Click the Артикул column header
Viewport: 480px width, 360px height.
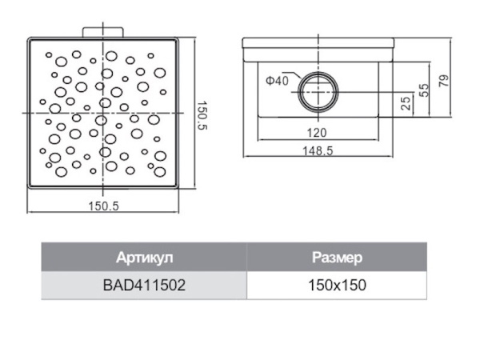coord(144,258)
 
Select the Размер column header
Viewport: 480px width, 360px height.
coord(337,258)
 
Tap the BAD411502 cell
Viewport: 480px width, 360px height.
coord(144,286)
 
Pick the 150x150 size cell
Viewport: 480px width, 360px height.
coord(337,286)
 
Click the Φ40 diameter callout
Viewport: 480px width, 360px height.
coord(277,81)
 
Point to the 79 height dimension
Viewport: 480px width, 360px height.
coord(444,81)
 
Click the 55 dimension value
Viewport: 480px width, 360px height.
coord(424,90)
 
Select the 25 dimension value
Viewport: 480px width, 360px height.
coord(406,103)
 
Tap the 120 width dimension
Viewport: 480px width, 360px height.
coord(317,133)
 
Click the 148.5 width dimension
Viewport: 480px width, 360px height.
coord(318,151)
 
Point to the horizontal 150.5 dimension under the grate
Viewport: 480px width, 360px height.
coord(103,206)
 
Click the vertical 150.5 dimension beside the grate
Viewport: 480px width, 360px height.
coord(202,116)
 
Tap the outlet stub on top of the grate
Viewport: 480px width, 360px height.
coord(103,32)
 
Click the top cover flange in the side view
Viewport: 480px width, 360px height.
coord(318,43)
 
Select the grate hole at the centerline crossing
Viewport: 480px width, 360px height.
coord(101,120)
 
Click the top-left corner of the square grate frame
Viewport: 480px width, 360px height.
coord(28,38)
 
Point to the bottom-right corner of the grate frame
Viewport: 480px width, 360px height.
coord(178,188)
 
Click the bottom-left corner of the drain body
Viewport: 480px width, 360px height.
coord(258,117)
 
